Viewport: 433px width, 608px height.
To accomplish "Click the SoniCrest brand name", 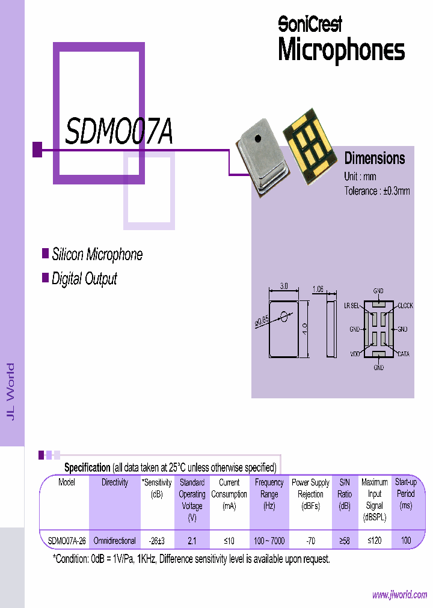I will point(310,23).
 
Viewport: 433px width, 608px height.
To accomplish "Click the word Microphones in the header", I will point(341,50).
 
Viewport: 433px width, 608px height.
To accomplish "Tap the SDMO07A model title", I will point(118,133).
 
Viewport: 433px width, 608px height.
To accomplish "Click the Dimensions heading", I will point(375,159).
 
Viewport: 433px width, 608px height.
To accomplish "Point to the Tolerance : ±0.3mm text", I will point(376,191).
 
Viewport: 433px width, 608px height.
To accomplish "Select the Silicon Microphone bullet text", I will point(97,254).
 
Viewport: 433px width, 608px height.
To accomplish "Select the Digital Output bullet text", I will point(84,279).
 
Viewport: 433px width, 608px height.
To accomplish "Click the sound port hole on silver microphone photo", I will point(257,139).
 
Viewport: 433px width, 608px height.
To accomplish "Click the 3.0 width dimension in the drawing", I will point(284,288).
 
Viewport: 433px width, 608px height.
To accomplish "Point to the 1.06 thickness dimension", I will point(318,289).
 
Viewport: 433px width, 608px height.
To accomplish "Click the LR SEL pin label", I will point(351,306).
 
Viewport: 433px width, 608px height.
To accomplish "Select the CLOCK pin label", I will point(405,306).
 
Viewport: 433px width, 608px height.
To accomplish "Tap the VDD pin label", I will point(355,354).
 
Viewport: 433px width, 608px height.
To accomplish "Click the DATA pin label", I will point(403,354).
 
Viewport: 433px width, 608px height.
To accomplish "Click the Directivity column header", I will point(114,482).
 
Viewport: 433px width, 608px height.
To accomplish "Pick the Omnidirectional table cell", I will point(114,541).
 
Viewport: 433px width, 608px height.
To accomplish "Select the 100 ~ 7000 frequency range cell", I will point(269,541).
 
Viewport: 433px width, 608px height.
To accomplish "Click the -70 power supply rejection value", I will point(310,541).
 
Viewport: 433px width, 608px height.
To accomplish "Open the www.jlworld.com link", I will point(399,595).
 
